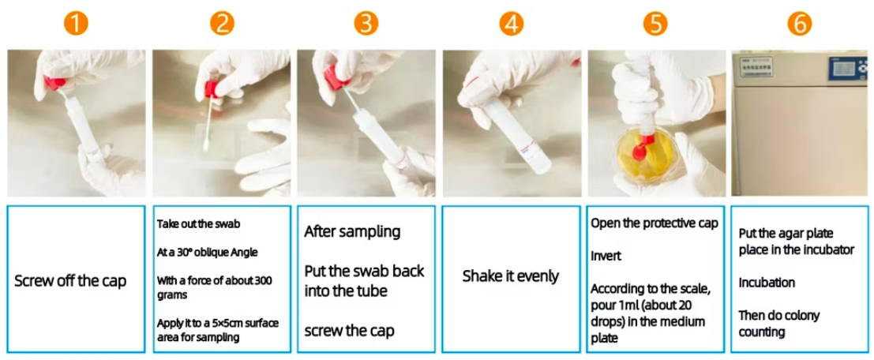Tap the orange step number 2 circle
click(x=222, y=24)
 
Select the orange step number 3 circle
click(x=366, y=24)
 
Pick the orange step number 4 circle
click(x=511, y=24)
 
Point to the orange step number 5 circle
click(x=655, y=24)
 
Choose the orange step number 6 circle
click(x=800, y=24)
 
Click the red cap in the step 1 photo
click(x=54, y=83)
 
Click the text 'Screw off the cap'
click(x=70, y=281)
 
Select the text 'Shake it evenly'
click(x=511, y=276)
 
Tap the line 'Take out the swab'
click(x=191, y=224)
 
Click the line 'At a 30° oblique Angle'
click(x=207, y=252)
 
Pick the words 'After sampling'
click(x=352, y=231)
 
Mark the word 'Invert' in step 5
click(x=605, y=257)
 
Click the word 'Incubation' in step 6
click(x=767, y=283)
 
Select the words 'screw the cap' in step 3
click(x=350, y=331)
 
